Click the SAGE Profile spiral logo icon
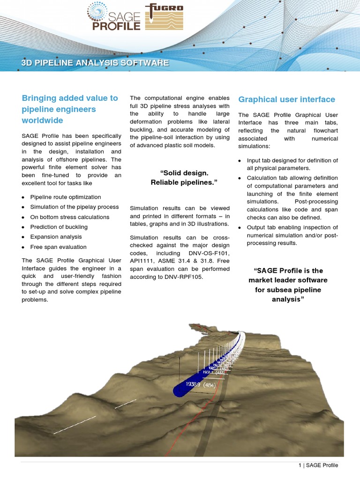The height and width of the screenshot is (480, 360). (x=97, y=11)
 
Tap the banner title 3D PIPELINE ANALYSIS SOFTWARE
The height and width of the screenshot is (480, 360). (x=96, y=63)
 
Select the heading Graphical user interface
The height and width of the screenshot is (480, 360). (x=286, y=99)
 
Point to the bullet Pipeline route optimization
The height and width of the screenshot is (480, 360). (x=65, y=197)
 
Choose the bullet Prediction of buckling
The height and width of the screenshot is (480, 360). (x=59, y=227)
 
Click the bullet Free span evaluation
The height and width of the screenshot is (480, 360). (x=58, y=247)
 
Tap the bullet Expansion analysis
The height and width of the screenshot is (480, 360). (x=56, y=237)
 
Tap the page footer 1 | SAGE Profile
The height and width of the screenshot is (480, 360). (x=318, y=465)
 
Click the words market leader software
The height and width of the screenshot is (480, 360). (x=288, y=280)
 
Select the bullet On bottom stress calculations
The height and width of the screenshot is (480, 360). (x=69, y=217)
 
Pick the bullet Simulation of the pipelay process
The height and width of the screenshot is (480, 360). (x=74, y=207)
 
